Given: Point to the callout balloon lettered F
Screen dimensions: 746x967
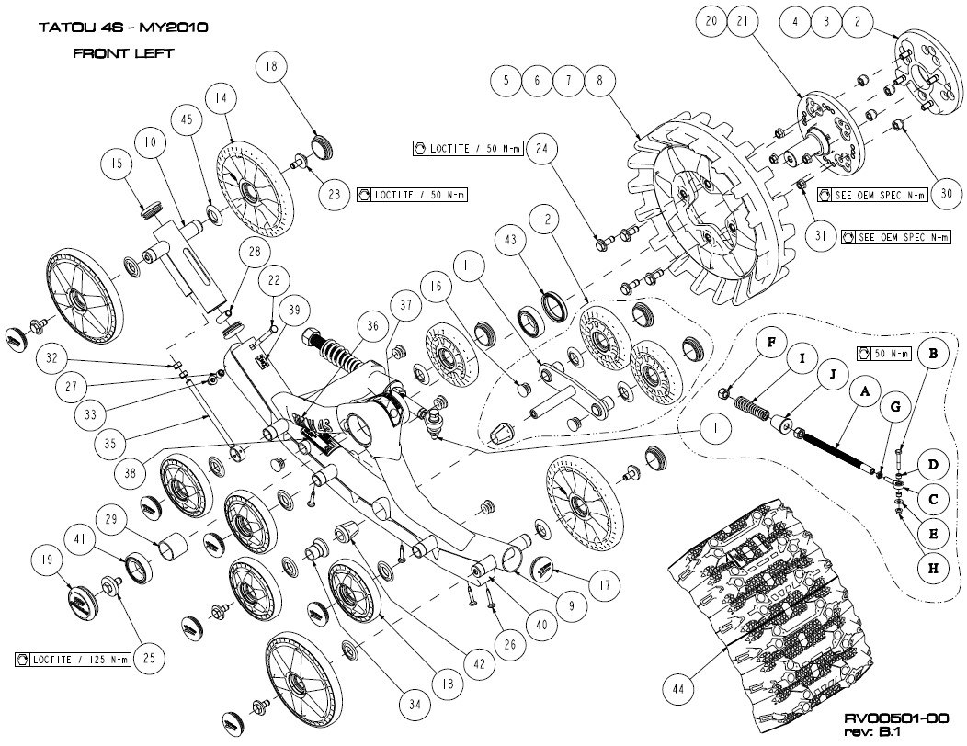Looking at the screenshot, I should [x=770, y=344].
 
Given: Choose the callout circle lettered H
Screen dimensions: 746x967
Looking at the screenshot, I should [x=932, y=569].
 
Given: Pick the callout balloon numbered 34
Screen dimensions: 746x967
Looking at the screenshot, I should [x=416, y=704].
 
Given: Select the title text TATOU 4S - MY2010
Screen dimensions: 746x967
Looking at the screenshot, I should [x=122, y=27].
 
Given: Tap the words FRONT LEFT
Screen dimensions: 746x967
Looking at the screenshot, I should [x=123, y=53].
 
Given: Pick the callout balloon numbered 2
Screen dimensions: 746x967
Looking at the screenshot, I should [x=859, y=21].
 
